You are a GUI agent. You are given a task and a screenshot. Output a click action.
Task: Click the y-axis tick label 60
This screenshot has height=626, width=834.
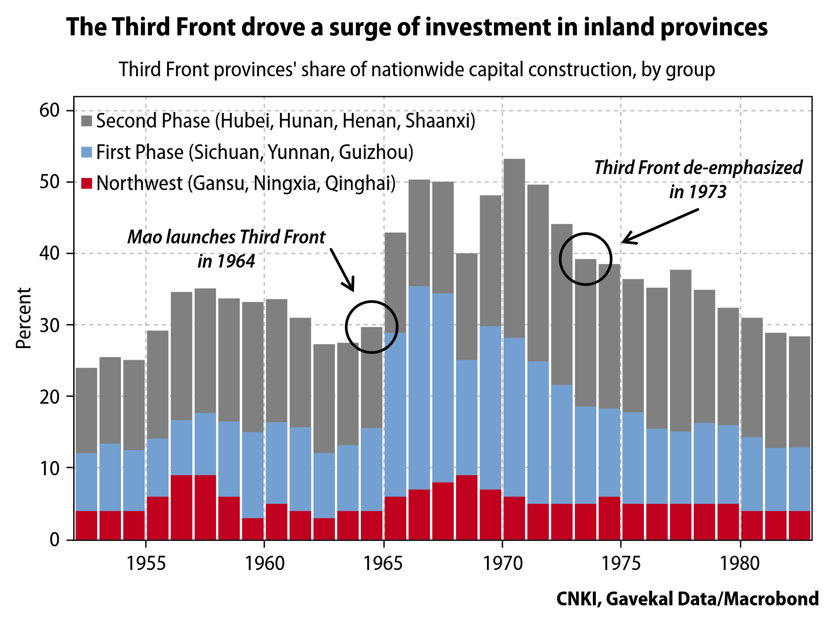49,111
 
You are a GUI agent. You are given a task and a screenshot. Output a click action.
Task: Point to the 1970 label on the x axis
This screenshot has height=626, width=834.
502,564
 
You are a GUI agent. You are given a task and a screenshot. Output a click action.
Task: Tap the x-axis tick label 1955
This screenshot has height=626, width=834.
146,564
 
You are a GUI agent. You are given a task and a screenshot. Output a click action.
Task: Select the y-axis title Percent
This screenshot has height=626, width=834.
24,318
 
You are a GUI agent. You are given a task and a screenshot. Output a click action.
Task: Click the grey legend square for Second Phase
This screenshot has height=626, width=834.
87,121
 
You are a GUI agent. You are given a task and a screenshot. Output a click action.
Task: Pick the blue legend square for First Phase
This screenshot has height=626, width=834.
87,152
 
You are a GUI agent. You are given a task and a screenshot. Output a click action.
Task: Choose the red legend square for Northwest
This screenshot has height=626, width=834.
87,184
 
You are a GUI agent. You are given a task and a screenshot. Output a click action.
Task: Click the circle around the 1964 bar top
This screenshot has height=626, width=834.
371,327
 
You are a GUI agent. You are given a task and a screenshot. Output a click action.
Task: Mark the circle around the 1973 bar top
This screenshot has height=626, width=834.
585,259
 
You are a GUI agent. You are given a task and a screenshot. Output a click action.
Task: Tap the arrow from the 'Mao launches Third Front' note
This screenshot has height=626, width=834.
343,270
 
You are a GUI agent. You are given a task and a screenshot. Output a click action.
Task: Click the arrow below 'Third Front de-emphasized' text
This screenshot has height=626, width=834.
660,226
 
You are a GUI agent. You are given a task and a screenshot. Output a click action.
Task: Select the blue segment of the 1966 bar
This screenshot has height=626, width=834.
419,388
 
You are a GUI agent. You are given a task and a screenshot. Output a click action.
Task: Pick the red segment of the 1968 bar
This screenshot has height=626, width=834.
466,507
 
